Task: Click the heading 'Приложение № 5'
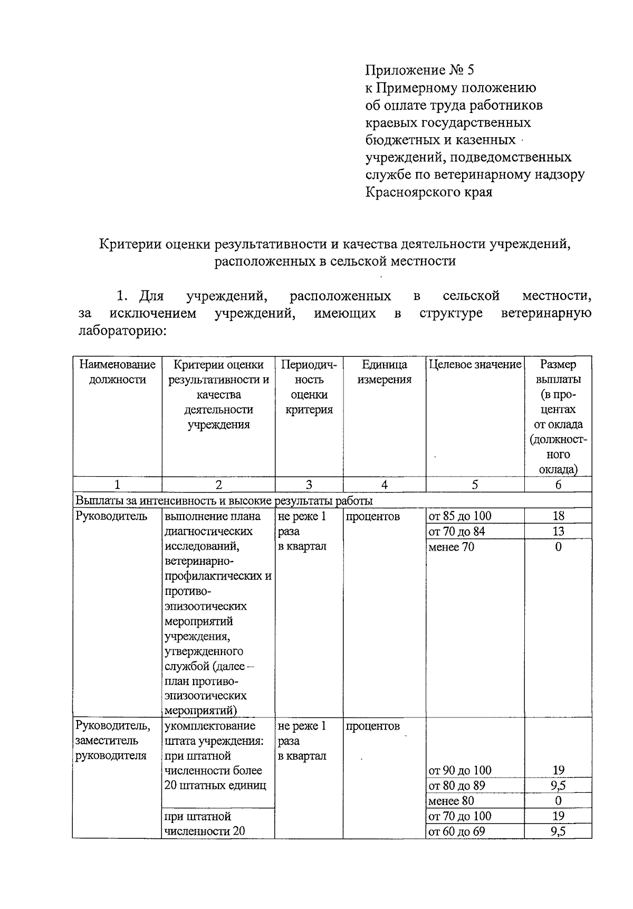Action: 420,71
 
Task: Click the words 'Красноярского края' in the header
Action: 429,192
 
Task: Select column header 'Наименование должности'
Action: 117,372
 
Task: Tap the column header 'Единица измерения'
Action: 384,372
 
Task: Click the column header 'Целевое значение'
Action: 475,364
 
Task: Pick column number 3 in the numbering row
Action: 309,485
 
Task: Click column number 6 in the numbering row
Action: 558,485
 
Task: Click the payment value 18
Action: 558,516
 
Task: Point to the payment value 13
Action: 558,532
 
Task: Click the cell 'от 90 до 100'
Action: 460,770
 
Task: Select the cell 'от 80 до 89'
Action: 457,785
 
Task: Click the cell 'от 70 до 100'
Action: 460,816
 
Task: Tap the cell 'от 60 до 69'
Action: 457,831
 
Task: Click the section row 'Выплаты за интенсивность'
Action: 224,500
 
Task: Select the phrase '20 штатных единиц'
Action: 215,785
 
